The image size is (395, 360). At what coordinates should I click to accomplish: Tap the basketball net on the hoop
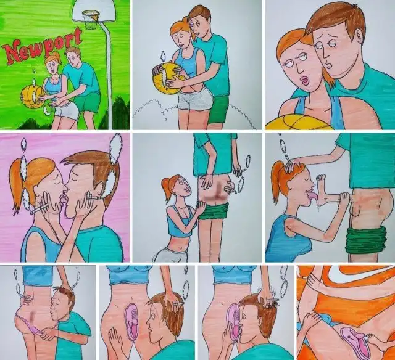coord(90,20)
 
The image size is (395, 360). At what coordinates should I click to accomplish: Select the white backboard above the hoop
coord(94,10)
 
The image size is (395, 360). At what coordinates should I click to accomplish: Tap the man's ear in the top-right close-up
coord(360,35)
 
